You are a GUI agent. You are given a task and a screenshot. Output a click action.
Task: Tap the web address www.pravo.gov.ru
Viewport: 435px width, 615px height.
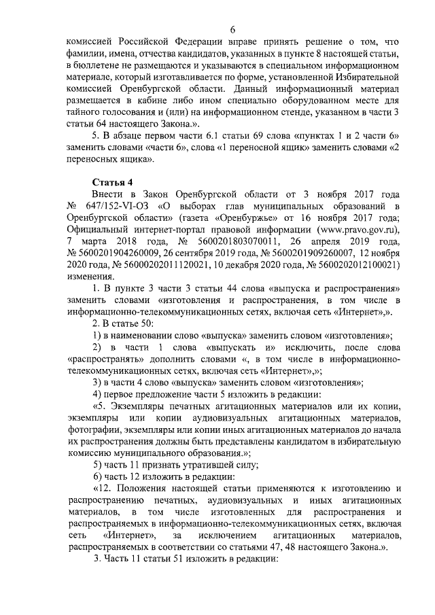[x=358, y=230]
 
